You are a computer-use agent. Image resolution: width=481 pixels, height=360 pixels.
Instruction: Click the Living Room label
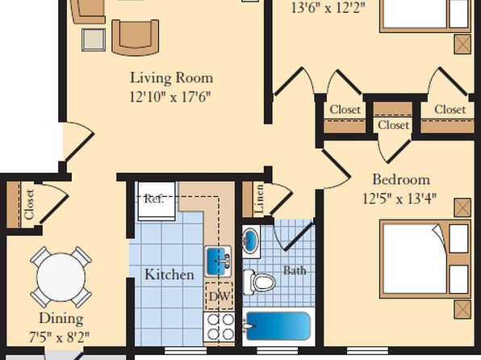pos(171,77)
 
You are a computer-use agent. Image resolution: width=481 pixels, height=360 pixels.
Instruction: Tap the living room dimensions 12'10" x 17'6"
pos(170,97)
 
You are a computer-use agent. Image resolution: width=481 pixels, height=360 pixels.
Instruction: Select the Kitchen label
pos(169,274)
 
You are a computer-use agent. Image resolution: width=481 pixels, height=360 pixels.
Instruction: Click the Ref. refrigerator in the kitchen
pos(157,201)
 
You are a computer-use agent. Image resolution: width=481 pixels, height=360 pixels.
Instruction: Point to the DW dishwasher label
pos(219,296)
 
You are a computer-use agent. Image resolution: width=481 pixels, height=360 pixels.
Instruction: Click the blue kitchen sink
pos(218,262)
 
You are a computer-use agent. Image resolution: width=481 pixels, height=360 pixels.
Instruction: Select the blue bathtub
pos(278,326)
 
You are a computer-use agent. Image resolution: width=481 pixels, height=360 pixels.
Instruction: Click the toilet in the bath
pos(260,282)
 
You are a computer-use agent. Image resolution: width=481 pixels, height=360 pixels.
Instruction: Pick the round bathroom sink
pos(251,241)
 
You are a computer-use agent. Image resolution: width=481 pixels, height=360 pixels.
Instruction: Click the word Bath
pos(295,270)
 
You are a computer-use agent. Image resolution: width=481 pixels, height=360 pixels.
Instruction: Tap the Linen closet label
pos(259,199)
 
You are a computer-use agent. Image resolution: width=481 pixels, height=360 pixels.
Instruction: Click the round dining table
pos(61,277)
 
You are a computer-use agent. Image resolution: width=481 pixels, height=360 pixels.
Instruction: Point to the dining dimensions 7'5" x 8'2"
pos(59,337)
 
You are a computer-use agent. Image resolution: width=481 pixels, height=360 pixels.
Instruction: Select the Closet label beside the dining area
pos(29,205)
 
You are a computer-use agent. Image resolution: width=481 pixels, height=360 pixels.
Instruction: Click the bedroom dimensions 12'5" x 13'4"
pos(399,199)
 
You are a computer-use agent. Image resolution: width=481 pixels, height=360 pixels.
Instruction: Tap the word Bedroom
pos(401,179)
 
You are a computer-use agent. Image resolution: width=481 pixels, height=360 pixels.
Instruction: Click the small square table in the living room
pos(94,40)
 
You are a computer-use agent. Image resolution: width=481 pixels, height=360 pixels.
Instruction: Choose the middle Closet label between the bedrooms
pos(393,125)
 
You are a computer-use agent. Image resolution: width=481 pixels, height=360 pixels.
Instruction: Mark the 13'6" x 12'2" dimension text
pos(328,8)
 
